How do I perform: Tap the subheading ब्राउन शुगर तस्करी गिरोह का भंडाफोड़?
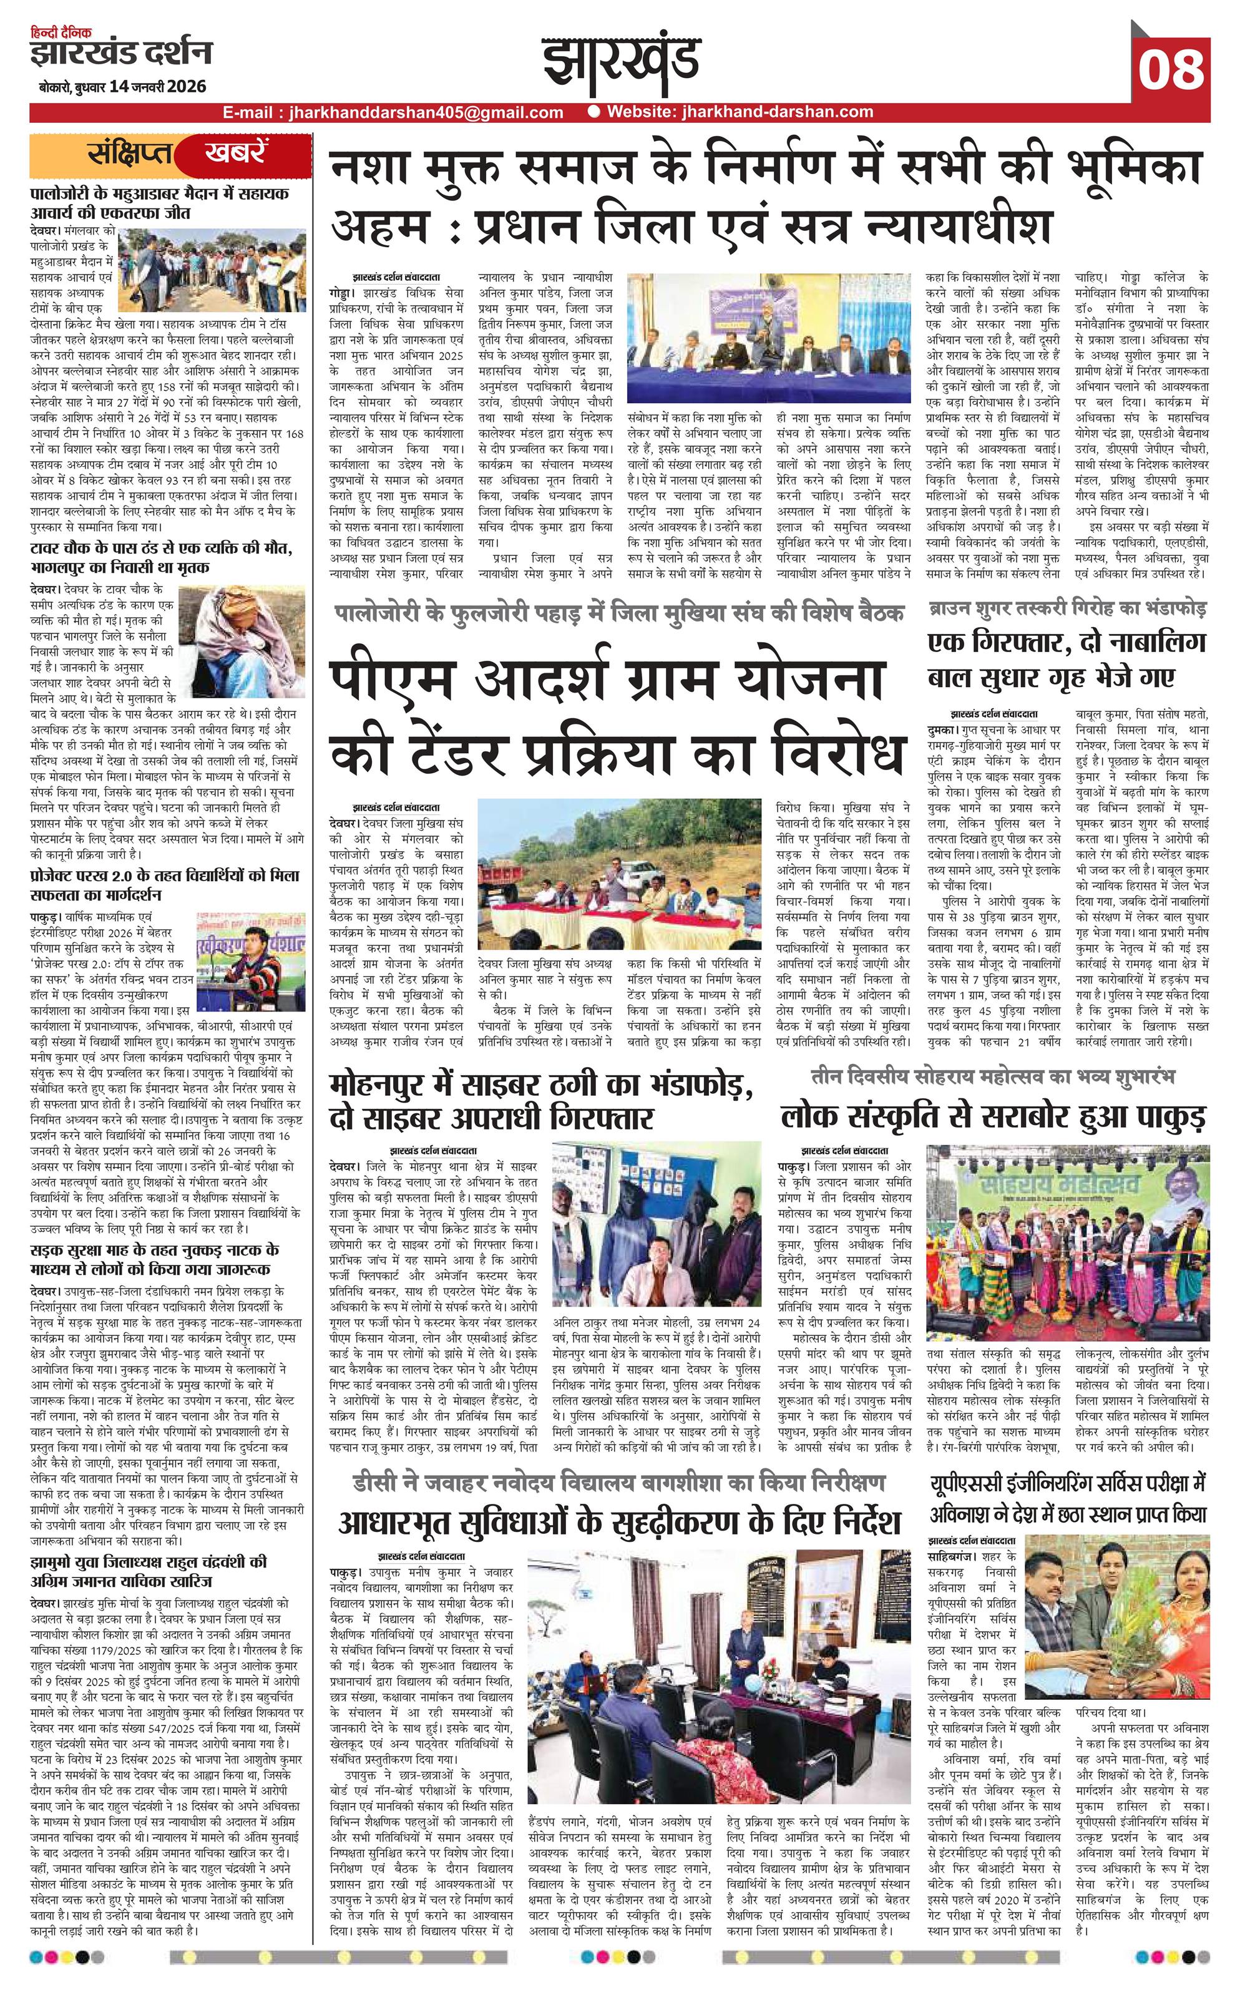(1067, 609)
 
